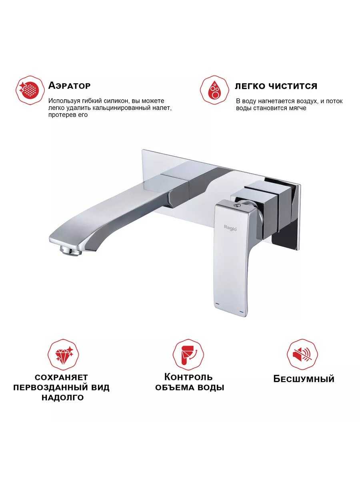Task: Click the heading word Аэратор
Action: pos(69,86)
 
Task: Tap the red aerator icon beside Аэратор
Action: pos(30,90)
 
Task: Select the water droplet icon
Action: pos(215,90)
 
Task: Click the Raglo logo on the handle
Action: pos(230,227)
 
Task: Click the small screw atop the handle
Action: pos(236,206)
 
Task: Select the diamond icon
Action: pos(63,355)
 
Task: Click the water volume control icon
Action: pos(188,355)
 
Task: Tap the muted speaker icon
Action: pos(302,355)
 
